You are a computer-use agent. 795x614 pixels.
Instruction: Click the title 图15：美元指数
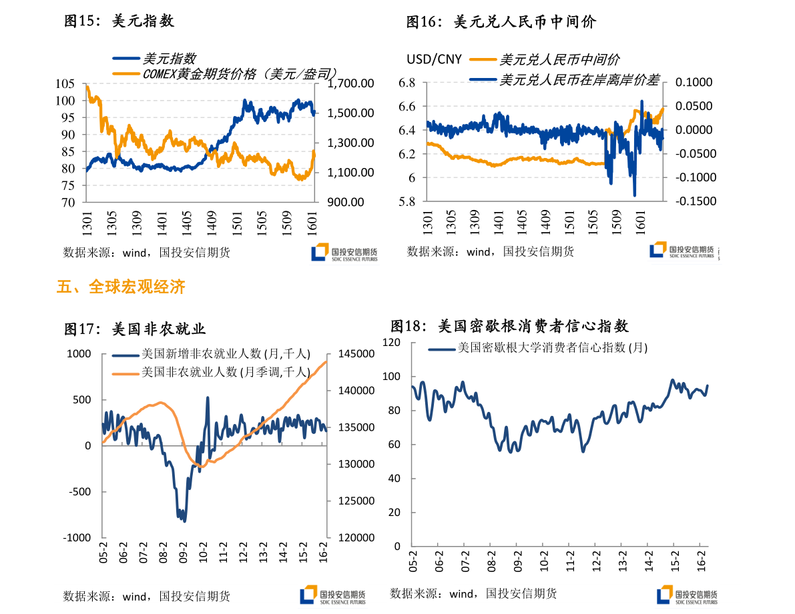click(119, 21)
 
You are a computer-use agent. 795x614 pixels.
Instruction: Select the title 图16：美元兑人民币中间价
click(501, 22)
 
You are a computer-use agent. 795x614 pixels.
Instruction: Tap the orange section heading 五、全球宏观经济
click(121, 287)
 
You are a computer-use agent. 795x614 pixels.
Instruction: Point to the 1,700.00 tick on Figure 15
click(351, 83)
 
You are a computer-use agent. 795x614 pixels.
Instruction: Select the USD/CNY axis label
click(435, 59)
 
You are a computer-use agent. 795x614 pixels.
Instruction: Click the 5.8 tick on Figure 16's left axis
click(407, 201)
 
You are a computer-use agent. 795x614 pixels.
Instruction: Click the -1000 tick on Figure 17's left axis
click(78, 537)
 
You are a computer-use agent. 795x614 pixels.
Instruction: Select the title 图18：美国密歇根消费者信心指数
click(509, 327)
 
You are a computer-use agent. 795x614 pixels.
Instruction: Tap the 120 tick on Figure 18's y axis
click(391, 342)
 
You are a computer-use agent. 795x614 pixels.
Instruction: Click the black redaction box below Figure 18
click(420, 593)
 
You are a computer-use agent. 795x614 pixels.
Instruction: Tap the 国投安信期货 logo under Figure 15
click(344, 253)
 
